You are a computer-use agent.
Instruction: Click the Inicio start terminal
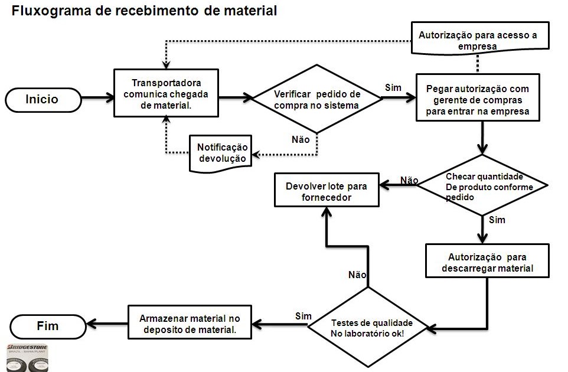pyautogui.click(x=42, y=99)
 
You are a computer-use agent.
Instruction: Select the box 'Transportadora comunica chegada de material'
pyautogui.click(x=166, y=93)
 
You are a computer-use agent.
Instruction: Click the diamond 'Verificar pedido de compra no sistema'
pyautogui.click(x=316, y=99)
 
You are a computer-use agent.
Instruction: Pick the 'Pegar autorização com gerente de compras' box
pyautogui.click(x=477, y=97)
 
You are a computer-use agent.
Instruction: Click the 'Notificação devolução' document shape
pyautogui.click(x=219, y=152)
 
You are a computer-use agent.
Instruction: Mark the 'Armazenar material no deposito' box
pyautogui.click(x=189, y=322)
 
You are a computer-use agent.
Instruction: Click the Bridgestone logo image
pyautogui.click(x=27, y=357)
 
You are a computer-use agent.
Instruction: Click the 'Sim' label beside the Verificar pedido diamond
pyautogui.click(x=393, y=87)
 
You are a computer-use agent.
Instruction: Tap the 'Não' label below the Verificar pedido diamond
pyautogui.click(x=301, y=140)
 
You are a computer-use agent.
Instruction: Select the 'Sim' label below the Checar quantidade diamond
pyautogui.click(x=498, y=220)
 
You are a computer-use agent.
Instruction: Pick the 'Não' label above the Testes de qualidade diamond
pyautogui.click(x=357, y=275)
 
